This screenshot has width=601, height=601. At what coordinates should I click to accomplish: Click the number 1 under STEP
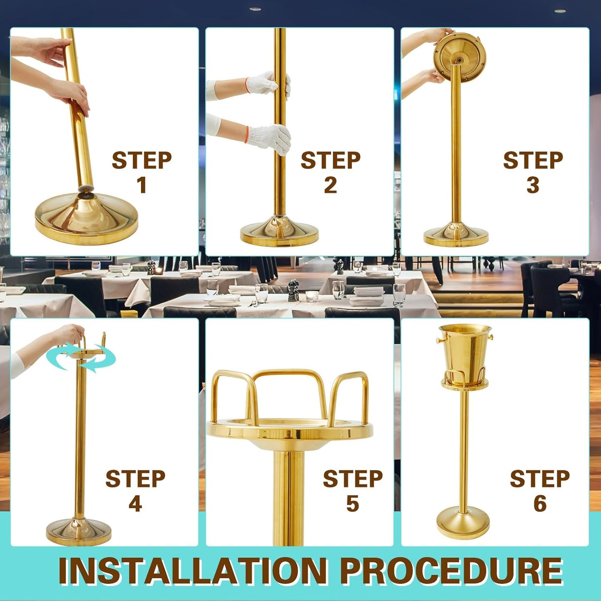[142, 185]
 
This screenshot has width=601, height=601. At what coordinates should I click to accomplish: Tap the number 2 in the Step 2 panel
[331, 185]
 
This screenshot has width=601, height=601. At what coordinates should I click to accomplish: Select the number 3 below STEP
[533, 185]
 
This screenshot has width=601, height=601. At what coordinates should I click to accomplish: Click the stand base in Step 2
[279, 231]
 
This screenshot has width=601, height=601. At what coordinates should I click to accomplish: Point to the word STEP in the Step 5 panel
[353, 478]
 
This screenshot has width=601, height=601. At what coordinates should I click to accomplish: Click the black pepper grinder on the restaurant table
[292, 291]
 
